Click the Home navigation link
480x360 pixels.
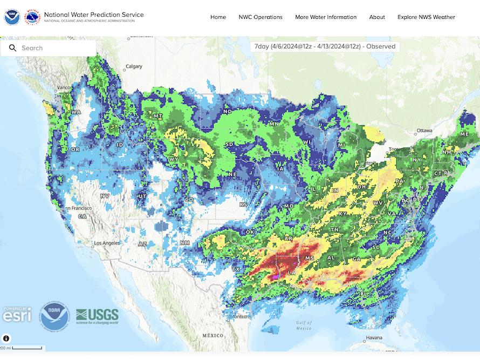[x=218, y=17]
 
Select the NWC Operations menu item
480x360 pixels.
[x=260, y=17]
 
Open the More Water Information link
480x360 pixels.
[x=326, y=17]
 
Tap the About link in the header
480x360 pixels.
[x=377, y=17]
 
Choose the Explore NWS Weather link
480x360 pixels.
[x=426, y=17]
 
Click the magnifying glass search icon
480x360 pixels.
[x=12, y=48]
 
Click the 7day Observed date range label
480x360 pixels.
[x=325, y=46]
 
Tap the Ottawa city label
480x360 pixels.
[x=424, y=131]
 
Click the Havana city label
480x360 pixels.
[x=374, y=338]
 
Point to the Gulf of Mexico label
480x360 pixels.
[x=304, y=325]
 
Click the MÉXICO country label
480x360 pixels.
[x=212, y=335]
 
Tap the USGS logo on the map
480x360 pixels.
[x=97, y=315]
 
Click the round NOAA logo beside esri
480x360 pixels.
[x=54, y=316]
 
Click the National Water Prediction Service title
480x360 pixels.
[x=93, y=15]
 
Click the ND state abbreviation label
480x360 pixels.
[x=227, y=112]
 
